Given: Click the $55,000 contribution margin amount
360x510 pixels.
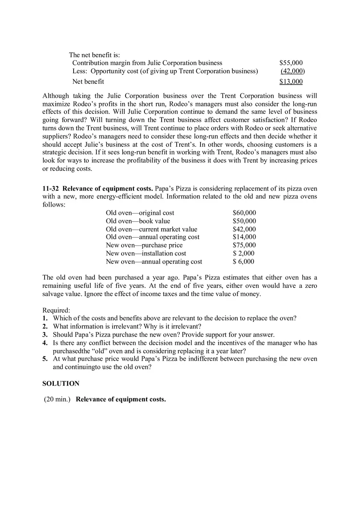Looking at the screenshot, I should [291, 63].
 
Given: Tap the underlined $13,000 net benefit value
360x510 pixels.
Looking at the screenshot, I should [291, 81].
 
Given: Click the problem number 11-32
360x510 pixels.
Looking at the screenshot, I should [51, 189].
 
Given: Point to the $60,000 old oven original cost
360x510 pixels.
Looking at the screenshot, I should [244, 213].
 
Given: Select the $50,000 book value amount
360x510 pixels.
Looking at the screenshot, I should [244, 221].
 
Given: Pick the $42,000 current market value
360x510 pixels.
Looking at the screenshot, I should [244, 229].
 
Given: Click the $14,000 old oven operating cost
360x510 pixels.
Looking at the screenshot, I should [244, 237].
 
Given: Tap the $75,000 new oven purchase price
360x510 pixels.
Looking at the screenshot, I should [244, 245].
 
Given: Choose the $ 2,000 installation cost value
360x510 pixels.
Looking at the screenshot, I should [243, 253].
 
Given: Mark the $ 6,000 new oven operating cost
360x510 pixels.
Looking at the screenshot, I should [243, 261].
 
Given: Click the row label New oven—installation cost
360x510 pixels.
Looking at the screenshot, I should [146, 253].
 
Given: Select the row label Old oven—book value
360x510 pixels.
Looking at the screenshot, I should [138, 221].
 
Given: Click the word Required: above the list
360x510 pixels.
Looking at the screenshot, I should [56, 310].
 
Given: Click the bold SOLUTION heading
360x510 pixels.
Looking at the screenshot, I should [61, 384].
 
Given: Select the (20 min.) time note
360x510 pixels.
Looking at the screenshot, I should [57, 399].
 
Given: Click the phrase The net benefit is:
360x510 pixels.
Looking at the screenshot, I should [94, 55].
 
